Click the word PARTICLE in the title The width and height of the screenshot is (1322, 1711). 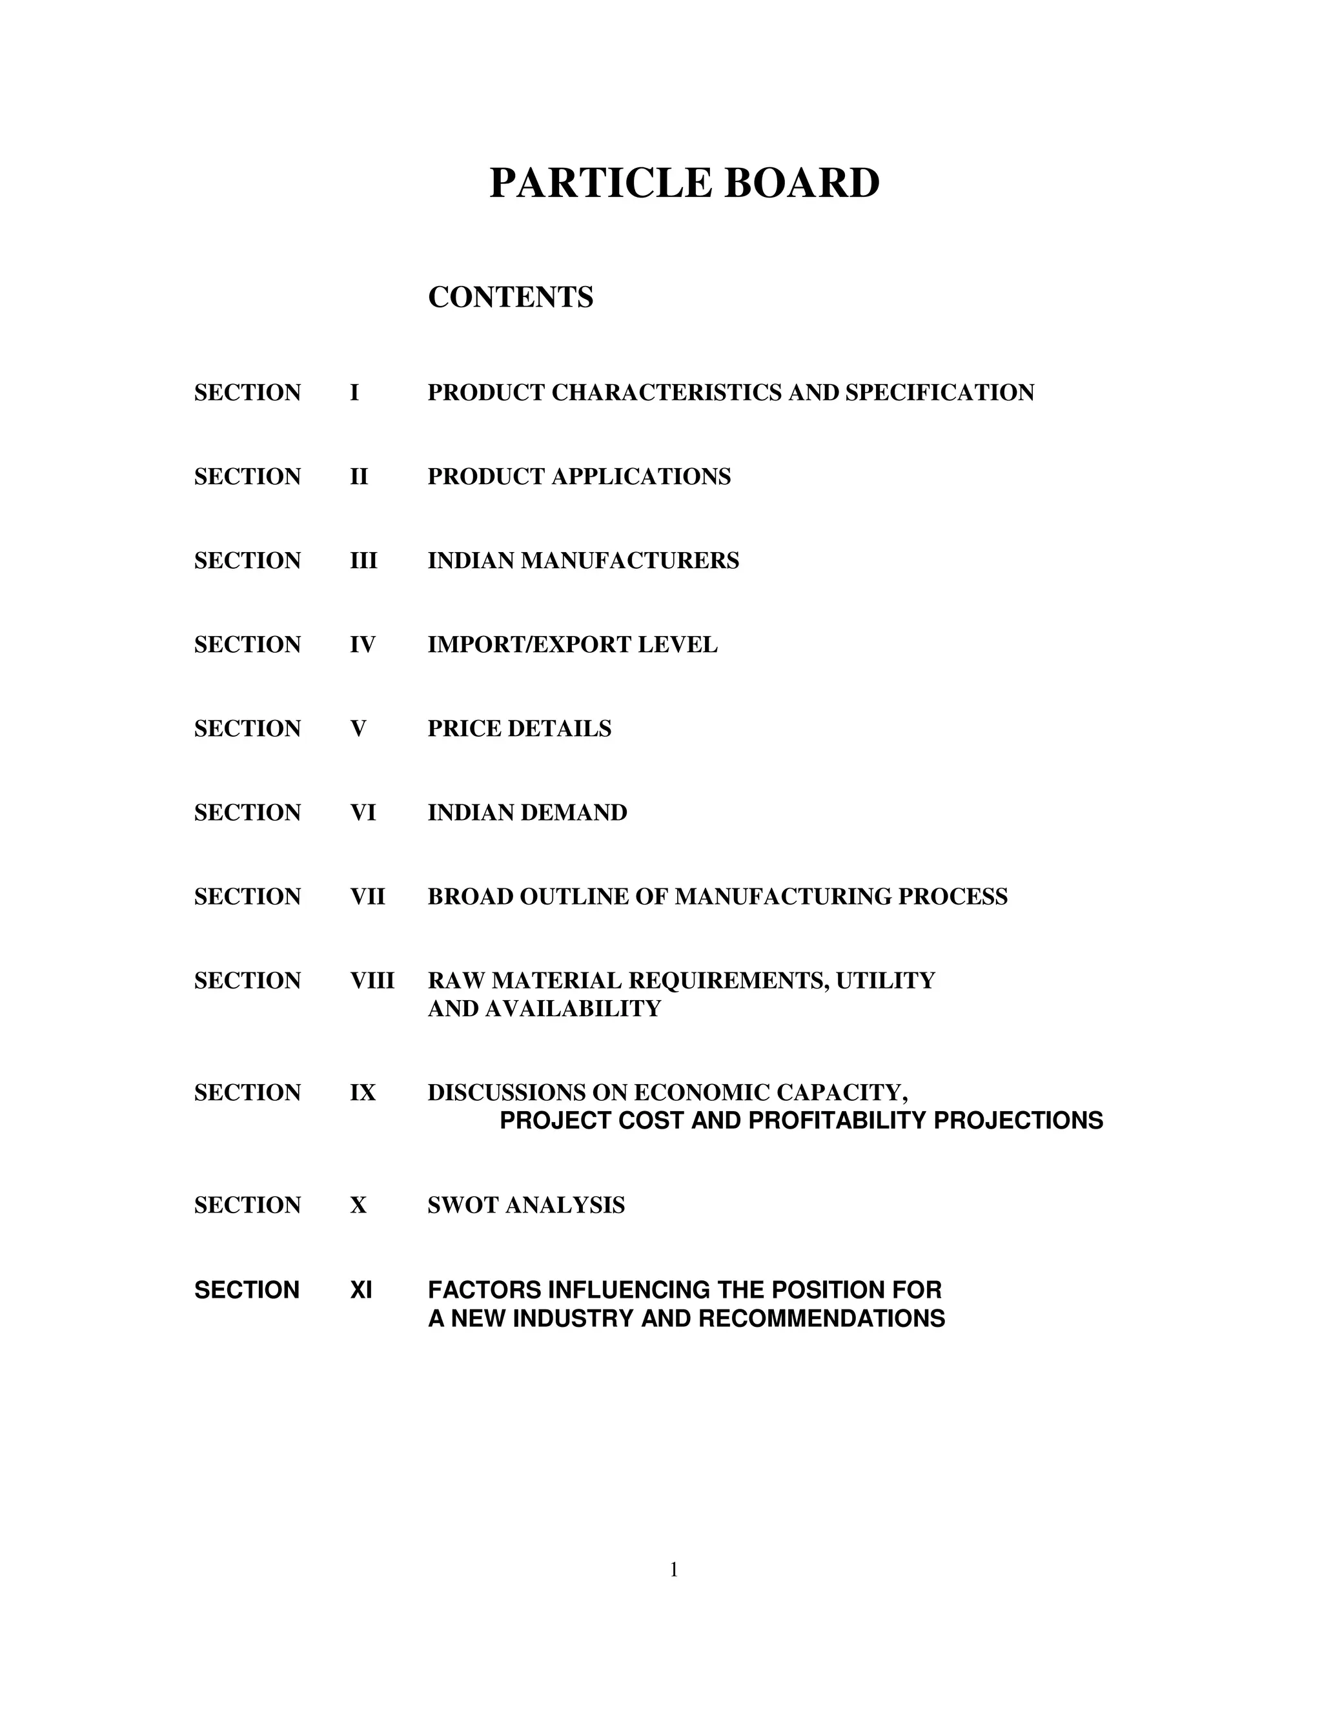[600, 183]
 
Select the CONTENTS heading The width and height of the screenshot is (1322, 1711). [511, 298]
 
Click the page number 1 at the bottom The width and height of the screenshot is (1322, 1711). [673, 1569]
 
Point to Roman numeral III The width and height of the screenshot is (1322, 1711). [363, 561]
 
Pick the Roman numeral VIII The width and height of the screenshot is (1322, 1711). [372, 981]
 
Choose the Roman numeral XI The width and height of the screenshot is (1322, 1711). [361, 1289]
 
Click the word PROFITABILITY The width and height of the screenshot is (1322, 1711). [838, 1121]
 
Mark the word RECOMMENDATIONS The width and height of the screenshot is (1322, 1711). [822, 1318]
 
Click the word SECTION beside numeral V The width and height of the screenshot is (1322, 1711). [247, 728]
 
